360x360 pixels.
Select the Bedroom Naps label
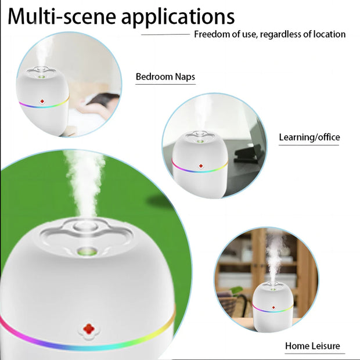point(165,77)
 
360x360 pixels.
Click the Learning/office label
point(309,137)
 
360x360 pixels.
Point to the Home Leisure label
point(312,346)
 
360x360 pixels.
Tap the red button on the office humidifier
point(200,167)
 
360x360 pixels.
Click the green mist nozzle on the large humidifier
point(87,251)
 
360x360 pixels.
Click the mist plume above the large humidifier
point(84,180)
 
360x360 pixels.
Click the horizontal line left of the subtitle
point(165,34)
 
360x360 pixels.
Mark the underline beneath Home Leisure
point(314,353)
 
